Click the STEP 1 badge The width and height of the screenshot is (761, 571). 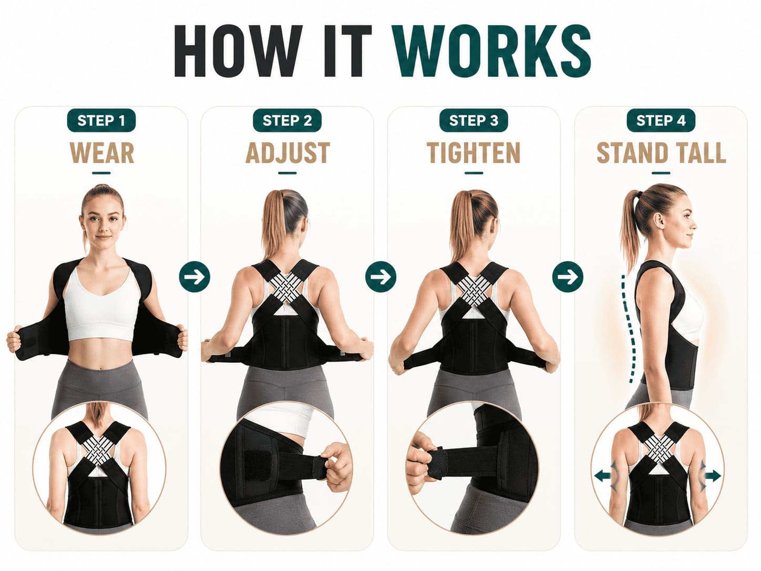pos(101,120)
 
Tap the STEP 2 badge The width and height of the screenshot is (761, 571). pos(287,120)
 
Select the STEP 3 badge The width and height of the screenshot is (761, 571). pos(474,120)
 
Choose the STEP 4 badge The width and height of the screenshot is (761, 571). pos(661,120)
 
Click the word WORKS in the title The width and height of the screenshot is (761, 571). pos(492,51)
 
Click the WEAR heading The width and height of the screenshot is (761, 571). pos(101,152)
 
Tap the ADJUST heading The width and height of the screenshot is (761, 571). pos(287,152)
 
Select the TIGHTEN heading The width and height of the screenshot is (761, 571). pos(474,152)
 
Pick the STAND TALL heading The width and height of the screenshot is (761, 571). pos(661,152)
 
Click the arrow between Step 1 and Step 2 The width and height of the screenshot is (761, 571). pos(194,277)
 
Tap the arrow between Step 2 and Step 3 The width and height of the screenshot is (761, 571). pos(380,277)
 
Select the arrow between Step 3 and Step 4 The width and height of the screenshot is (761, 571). pos(568,277)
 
